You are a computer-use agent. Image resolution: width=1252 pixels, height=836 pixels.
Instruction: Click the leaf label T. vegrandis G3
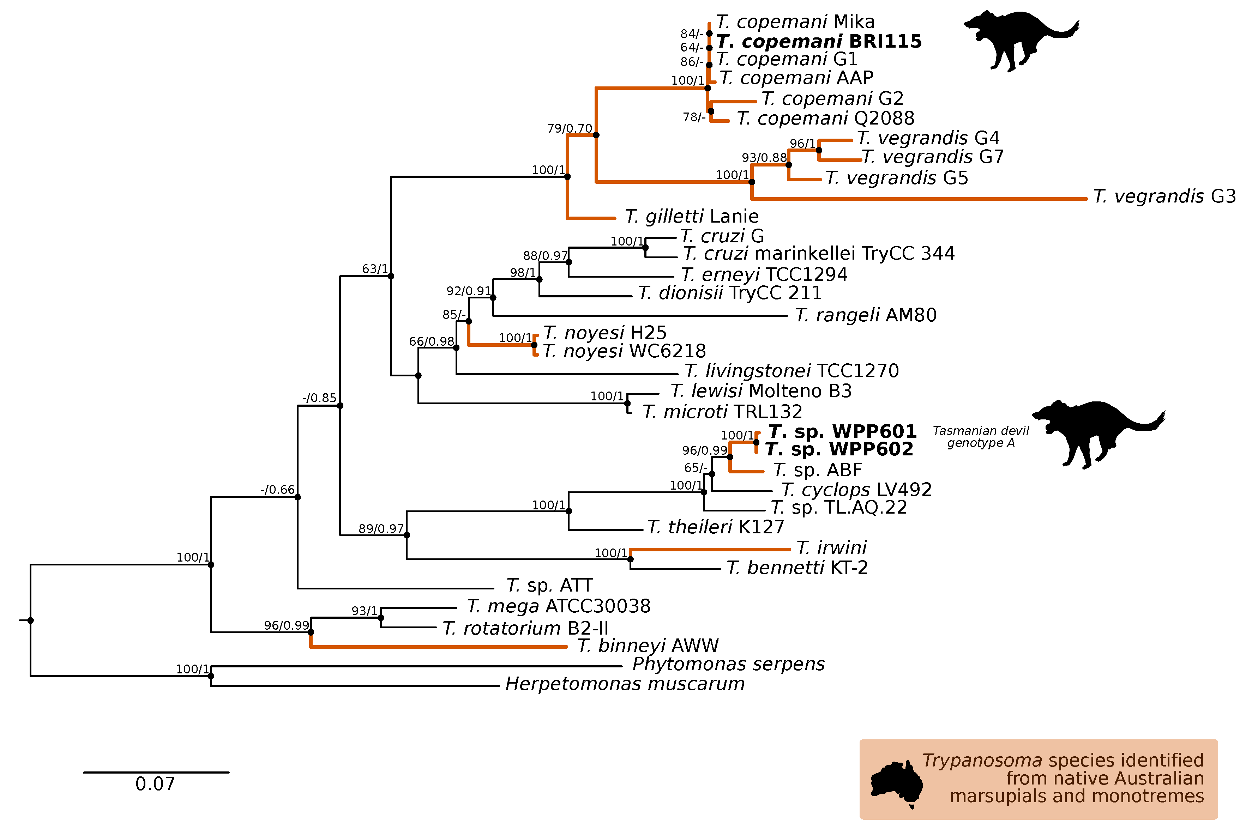1164,197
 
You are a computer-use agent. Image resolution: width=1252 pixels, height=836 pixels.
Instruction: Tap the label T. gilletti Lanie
692,217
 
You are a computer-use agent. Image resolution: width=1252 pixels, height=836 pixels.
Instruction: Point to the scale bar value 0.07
155,784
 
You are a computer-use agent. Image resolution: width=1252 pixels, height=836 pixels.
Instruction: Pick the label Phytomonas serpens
728,664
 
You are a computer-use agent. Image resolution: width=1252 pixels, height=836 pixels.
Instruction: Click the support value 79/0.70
570,128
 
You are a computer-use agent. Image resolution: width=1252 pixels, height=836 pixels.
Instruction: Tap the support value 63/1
375,269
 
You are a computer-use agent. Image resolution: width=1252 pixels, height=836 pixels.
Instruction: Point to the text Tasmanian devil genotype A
981,437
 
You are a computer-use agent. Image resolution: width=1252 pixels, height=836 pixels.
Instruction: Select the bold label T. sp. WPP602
839,449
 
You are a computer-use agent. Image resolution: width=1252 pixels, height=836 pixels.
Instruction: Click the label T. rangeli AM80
865,315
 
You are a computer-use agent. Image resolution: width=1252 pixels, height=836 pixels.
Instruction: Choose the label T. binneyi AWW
648,646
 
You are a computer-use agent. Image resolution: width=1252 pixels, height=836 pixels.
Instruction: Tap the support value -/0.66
277,490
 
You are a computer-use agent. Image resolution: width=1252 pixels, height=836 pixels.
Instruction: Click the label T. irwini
831,547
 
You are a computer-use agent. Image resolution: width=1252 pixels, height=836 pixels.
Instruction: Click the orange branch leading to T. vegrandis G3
917,199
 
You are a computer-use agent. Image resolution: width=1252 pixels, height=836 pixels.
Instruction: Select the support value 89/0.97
381,528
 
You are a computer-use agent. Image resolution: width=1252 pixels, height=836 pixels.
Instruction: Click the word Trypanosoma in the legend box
982,760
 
